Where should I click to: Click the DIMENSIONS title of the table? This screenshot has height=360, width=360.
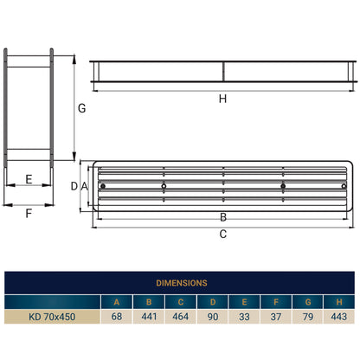(180, 282)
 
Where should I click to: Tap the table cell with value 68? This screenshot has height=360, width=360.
(115, 318)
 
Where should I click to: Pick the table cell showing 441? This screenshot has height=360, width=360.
(148, 318)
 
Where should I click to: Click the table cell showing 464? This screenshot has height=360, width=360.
(181, 318)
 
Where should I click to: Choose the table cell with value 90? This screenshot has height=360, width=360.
(214, 318)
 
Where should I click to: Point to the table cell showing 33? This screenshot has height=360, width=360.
(246, 318)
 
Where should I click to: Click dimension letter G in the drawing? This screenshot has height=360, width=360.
(80, 109)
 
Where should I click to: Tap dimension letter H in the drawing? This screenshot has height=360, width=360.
(222, 99)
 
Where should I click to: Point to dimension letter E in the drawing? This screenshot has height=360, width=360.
(29, 180)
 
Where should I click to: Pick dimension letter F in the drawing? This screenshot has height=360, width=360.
(29, 212)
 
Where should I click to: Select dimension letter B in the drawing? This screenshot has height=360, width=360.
(222, 216)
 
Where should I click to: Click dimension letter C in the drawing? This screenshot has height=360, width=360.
(222, 234)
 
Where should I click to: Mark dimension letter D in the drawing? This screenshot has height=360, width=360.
(74, 186)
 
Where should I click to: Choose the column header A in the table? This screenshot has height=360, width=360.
(115, 301)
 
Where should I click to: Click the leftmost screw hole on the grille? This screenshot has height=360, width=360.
(103, 186)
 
